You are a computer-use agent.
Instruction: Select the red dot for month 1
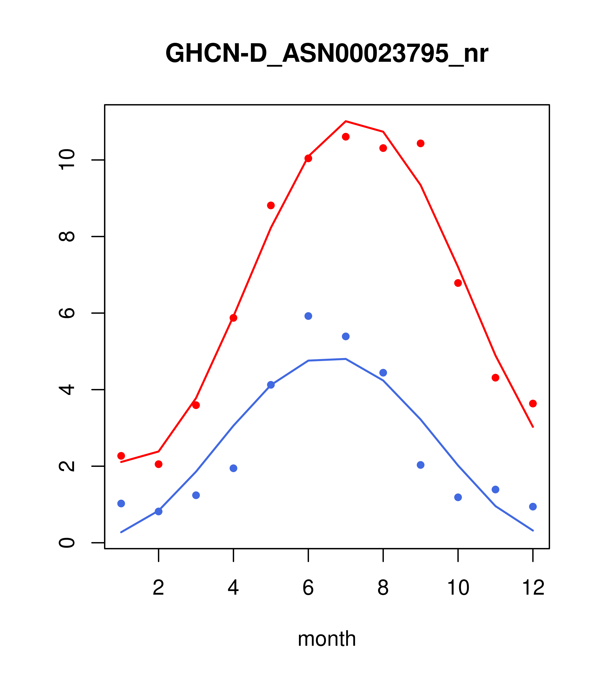pyautogui.click(x=121, y=456)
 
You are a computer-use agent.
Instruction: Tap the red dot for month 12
pyautogui.click(x=533, y=404)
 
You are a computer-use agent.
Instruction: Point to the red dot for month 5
pyautogui.click(x=271, y=205)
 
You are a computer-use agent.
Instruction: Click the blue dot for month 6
pyautogui.click(x=308, y=316)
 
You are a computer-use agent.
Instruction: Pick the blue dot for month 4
pyautogui.click(x=234, y=468)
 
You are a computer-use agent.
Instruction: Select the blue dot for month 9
pyautogui.click(x=420, y=465)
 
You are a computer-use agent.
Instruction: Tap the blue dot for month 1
pyautogui.click(x=121, y=503)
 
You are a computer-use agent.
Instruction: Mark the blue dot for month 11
pyautogui.click(x=496, y=490)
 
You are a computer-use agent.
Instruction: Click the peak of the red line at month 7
pyautogui.click(x=346, y=121)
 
